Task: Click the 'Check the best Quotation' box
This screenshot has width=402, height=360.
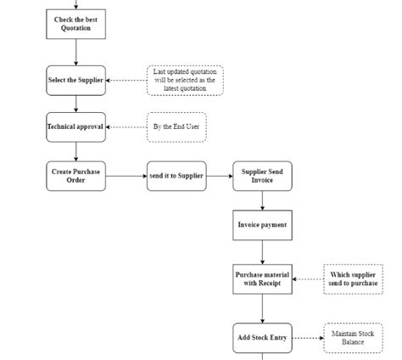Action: coord(75,24)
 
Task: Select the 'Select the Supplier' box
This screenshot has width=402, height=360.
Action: coord(75,81)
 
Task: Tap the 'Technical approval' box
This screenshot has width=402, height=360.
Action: coord(75,127)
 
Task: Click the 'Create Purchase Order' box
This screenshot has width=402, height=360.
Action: coord(75,176)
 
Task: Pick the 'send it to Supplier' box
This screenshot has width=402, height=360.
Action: coord(176,176)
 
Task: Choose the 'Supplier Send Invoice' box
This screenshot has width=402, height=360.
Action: coord(262,176)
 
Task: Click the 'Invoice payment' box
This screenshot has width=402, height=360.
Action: coord(262,225)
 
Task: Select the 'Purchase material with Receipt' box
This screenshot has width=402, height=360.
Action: coord(262,279)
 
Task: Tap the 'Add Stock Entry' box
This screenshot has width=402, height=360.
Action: coord(262,338)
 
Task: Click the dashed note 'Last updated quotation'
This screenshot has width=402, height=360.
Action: coord(185,81)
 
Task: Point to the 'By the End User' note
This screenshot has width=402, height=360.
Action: coord(176,127)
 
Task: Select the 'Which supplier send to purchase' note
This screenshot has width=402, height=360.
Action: coord(353,279)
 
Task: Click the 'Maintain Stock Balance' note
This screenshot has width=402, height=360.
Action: coord(353,338)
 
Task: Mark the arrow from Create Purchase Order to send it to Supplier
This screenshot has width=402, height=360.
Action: coord(126,176)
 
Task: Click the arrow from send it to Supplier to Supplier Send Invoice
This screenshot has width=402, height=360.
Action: coord(219,176)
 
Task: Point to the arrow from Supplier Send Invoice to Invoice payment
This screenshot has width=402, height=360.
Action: coord(262,200)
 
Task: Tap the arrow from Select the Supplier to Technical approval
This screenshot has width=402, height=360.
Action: coord(75,104)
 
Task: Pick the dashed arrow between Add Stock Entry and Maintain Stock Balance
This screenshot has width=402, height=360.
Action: coord(307,338)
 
